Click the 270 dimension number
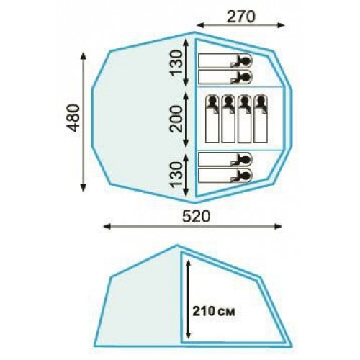pos(240,17)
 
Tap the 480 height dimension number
pos(73,118)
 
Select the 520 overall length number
pos(197,217)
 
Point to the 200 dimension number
pos(176,120)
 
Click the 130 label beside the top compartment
pos(176,63)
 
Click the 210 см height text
pos(214,311)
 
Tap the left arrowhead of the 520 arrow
pos(107,226)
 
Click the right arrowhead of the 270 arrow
pos(281,25)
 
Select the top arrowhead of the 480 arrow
pos(84,56)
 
